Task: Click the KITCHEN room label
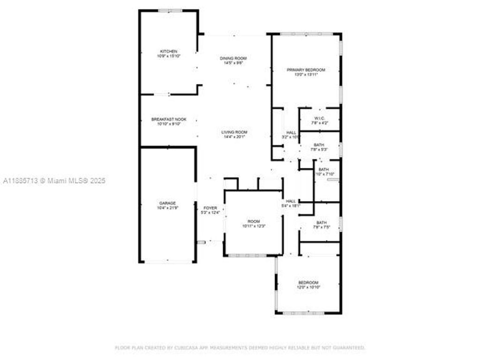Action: pos(169,51)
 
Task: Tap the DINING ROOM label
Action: pos(233,58)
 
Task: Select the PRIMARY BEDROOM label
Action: pos(306,70)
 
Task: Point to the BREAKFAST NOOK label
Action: pos(169,120)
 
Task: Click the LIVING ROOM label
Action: pos(234,132)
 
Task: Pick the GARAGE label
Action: pos(167,203)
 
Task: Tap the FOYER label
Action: pos(210,208)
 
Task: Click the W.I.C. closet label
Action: pos(320,118)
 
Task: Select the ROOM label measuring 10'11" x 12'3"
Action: pos(254,221)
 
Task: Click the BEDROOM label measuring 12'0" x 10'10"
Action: pos(308,282)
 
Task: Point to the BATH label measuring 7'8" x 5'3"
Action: pos(319,145)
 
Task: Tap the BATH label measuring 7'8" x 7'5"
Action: pos(321,223)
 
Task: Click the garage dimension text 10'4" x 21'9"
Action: pos(167,208)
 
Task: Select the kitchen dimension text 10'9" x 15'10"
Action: pos(169,56)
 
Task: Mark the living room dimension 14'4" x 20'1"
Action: pos(234,137)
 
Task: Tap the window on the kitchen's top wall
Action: pos(170,10)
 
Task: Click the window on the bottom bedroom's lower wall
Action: pos(307,313)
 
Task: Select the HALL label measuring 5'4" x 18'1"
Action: pos(291,201)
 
